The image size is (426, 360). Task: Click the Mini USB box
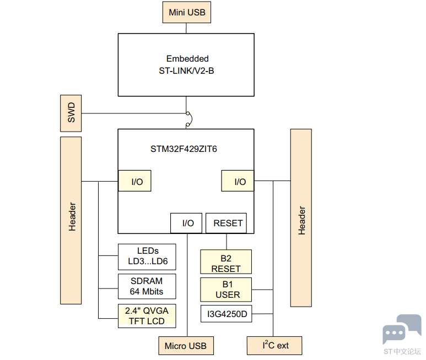coord(186,12)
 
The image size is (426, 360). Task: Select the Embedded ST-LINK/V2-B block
coord(186,64)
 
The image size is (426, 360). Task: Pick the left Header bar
coord(71,220)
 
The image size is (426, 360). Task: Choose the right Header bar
coord(301,217)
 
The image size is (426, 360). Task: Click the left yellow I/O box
coord(134,181)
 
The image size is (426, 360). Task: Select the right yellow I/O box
coord(238,181)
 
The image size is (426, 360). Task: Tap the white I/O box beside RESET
coord(187,223)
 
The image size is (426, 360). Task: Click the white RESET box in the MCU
coord(227,223)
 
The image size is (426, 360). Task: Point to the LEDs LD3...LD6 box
coord(147,256)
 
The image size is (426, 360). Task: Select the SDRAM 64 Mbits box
coord(147,286)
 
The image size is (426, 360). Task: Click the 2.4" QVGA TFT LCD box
coord(147,316)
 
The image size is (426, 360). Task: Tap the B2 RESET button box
coord(226,263)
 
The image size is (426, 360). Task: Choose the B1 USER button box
coord(226,289)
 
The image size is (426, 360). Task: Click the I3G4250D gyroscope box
coord(226,315)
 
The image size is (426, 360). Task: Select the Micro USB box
coord(186,346)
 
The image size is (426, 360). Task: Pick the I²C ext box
coord(275,345)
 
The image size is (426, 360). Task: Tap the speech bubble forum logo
coord(402,329)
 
